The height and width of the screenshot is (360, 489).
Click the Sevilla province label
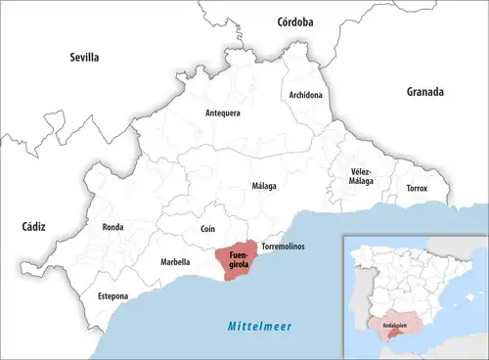tap(85, 58)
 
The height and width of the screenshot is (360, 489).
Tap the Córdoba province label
tap(294, 21)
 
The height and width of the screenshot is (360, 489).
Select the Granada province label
tap(425, 92)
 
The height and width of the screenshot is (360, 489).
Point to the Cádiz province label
tap(34, 226)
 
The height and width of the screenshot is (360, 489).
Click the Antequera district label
tap(223, 112)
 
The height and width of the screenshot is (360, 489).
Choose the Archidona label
tap(306, 95)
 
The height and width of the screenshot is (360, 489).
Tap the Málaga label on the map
tap(264, 186)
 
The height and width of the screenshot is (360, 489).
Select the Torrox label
tap(418, 187)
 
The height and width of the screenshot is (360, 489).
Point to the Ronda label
tap(112, 227)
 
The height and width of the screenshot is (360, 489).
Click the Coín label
tap(207, 228)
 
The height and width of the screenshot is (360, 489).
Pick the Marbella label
tap(175, 262)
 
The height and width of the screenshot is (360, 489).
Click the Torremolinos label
tap(284, 247)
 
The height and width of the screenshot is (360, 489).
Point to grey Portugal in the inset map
tap(358, 298)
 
